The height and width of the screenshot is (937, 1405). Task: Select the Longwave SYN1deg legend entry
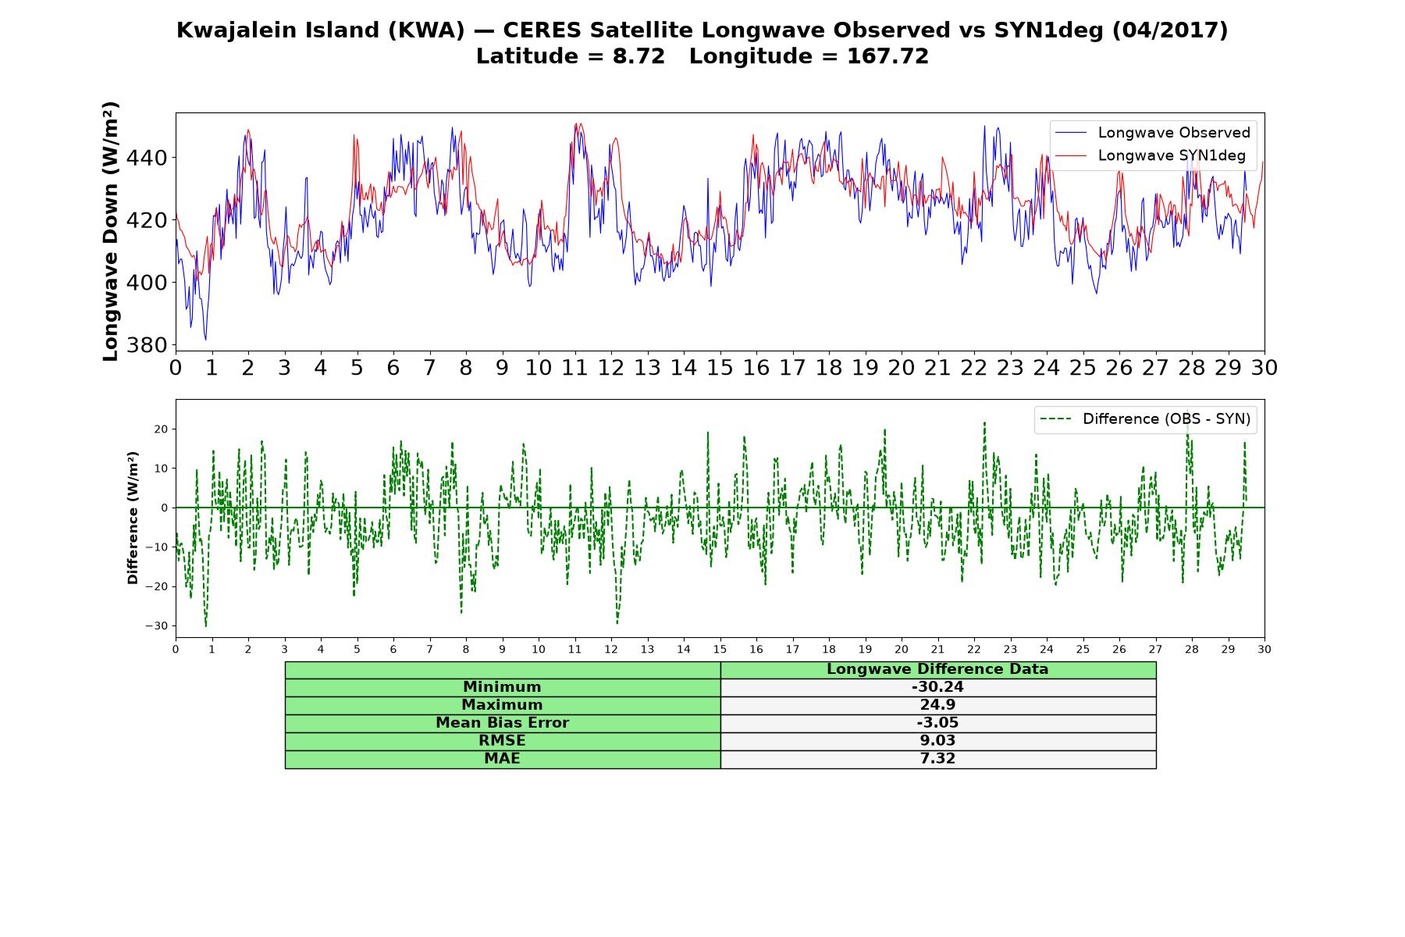pyautogui.click(x=1151, y=155)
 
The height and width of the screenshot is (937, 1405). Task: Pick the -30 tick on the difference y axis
pyautogui.click(x=156, y=625)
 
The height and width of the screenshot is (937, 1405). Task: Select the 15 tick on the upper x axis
pyautogui.click(x=720, y=368)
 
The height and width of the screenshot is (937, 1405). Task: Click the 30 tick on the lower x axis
pyautogui.click(x=1264, y=650)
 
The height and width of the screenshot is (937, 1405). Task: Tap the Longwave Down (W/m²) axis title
pyautogui.click(x=110, y=231)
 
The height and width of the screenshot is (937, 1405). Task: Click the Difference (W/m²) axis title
pyautogui.click(x=133, y=518)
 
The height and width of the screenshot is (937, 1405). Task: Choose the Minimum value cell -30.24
pyautogui.click(x=937, y=687)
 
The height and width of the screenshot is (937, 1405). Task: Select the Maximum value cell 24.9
pyautogui.click(x=937, y=705)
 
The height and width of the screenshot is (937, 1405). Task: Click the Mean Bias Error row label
pyautogui.click(x=502, y=723)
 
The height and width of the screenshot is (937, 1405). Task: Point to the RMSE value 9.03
pyautogui.click(x=937, y=741)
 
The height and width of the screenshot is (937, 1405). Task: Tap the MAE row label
pyautogui.click(x=502, y=759)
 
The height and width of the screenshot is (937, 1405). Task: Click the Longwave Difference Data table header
pyautogui.click(x=937, y=669)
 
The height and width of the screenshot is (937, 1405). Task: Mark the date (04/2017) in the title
pyautogui.click(x=1169, y=30)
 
